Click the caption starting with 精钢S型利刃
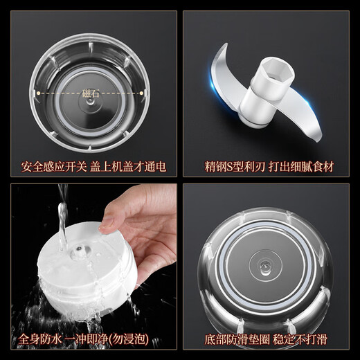[x=269, y=167]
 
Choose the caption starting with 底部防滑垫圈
[x=269, y=339]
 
